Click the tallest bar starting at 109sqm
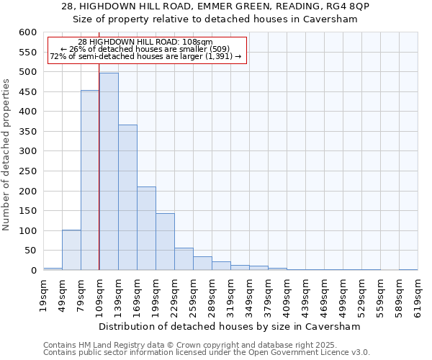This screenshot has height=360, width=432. [x=109, y=171]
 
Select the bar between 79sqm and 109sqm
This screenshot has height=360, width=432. [x=90, y=180]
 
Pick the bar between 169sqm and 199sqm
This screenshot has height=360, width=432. [x=146, y=228]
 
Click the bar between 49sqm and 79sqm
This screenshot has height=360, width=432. [x=71, y=250]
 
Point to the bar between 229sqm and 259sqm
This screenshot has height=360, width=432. [x=184, y=259]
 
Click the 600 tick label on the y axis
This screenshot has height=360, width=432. [x=27, y=32]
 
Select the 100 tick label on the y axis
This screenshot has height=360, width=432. [x=27, y=231]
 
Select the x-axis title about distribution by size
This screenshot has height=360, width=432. [x=229, y=326]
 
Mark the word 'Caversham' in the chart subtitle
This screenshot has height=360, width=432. [x=333, y=19]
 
